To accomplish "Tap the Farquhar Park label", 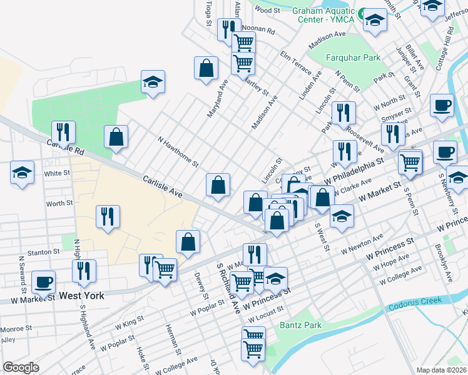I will pyautogui.click(x=354, y=58).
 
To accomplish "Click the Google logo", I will pyautogui.click(x=21, y=367).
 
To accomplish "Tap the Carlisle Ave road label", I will pyautogui.click(x=162, y=187).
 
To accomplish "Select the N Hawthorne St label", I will pyautogui.click(x=178, y=153).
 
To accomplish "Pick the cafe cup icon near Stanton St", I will pyautogui.click(x=43, y=281).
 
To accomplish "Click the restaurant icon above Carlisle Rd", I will pyautogui.click(x=63, y=131).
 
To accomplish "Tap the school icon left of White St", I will pyautogui.click(x=23, y=172).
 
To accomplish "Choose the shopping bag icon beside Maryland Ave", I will pyautogui.click(x=206, y=68).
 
